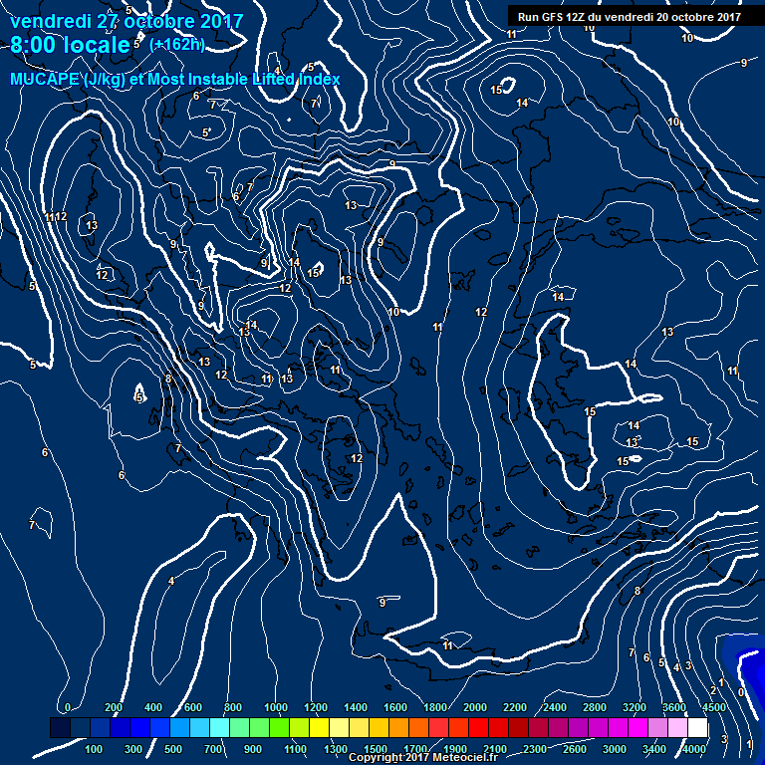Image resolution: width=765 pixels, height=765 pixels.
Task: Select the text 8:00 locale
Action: point(70,45)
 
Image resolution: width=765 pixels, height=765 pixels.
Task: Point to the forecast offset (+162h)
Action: point(178,45)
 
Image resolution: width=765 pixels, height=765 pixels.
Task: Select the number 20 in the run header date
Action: point(663,17)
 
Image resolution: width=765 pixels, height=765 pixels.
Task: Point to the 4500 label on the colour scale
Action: point(712,707)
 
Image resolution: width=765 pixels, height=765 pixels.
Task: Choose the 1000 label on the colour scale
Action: point(274,707)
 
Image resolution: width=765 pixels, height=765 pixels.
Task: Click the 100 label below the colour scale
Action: point(96,748)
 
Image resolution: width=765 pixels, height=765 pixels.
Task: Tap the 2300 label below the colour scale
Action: point(534,748)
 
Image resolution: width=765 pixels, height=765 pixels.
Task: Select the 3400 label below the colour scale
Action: point(654,748)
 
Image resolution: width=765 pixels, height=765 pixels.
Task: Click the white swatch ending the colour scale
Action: point(697,728)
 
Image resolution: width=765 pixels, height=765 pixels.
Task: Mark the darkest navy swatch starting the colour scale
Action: point(60,728)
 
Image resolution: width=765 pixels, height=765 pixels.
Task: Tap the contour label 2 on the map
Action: point(713,690)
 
